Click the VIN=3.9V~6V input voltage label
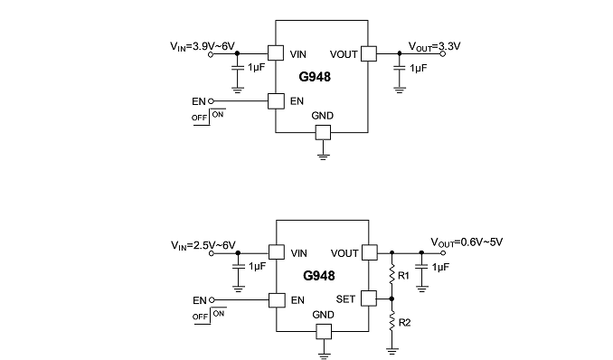click(203, 46)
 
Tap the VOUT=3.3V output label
click(434, 46)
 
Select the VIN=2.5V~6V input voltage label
click(203, 245)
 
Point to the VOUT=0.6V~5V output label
click(467, 242)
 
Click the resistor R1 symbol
click(392, 275)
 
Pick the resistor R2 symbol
click(392, 322)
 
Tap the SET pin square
click(369, 298)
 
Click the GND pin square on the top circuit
click(323, 133)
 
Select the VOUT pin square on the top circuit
click(369, 54)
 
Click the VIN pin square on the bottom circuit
click(277, 252)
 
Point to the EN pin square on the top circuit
click(276, 101)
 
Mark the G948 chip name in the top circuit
click(315, 77)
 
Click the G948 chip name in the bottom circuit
click(319, 276)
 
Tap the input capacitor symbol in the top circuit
click(237, 68)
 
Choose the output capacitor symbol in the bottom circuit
click(421, 267)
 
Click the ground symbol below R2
click(392, 351)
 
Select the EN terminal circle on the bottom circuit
click(212, 300)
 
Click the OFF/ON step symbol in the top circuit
click(209, 117)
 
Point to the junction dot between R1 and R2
click(391, 299)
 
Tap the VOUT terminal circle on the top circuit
click(443, 54)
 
